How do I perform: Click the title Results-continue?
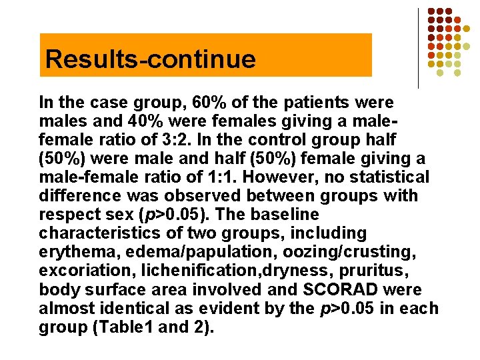point(150,59)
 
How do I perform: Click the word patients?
point(313,103)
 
